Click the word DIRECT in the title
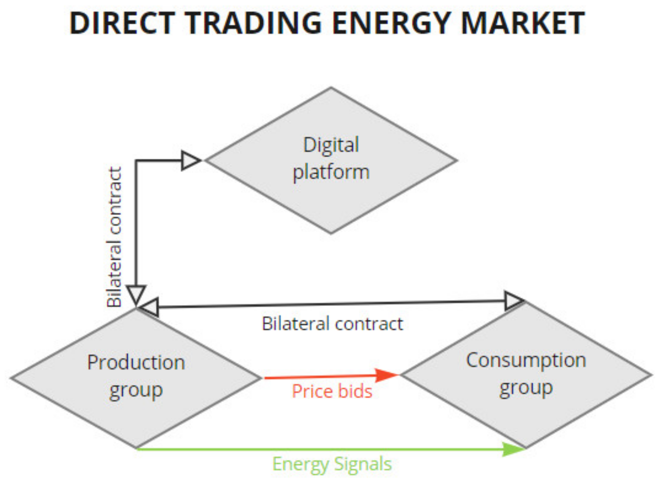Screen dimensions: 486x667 (122, 23)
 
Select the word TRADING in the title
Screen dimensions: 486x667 (253, 23)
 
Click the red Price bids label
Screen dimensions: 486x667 (332, 391)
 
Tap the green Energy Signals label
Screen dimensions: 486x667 (332, 464)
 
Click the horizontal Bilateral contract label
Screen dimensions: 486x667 (332, 324)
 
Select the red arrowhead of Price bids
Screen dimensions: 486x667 (386, 375)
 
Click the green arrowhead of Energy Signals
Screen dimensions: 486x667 (513, 449)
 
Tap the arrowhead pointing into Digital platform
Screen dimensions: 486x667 (190, 160)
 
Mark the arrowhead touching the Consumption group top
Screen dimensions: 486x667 (514, 300)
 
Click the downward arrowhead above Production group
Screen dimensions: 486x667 (136, 294)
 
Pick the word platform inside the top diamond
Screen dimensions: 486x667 (331, 172)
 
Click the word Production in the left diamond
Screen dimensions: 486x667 (136, 362)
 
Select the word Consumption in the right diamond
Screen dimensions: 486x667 (526, 360)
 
